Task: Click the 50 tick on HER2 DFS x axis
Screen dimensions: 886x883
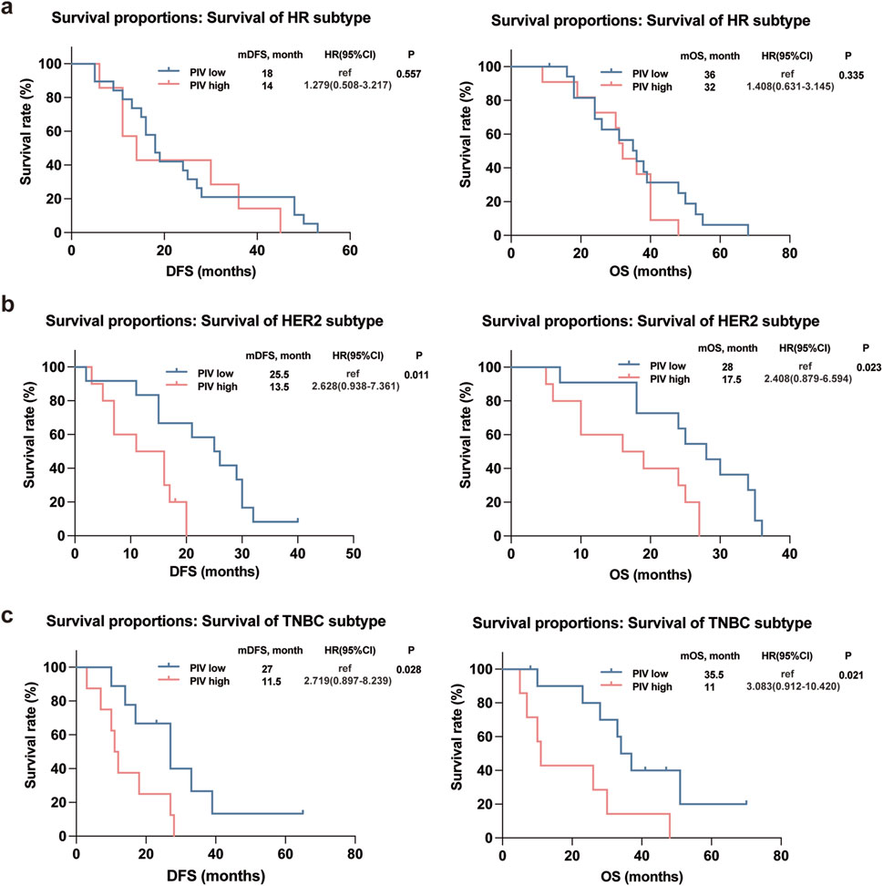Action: coord(354,553)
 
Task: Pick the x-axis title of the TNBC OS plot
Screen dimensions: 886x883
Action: coord(641,876)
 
